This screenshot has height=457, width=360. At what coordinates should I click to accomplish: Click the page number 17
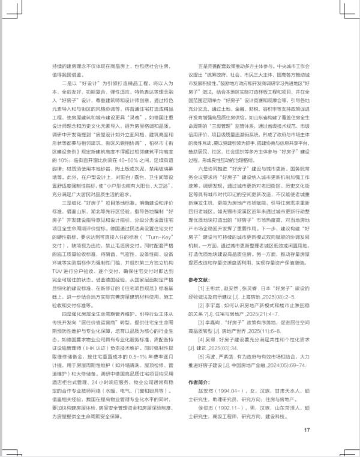coord(306,429)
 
